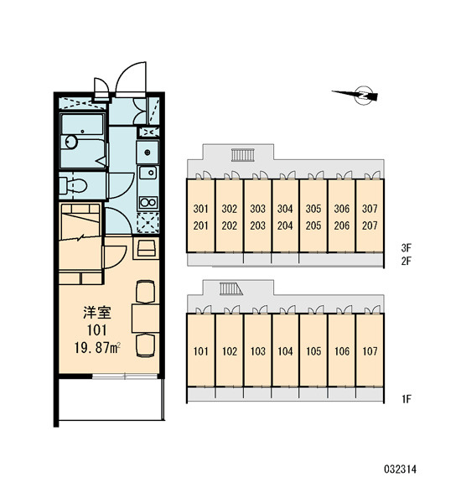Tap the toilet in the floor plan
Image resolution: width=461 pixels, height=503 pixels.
pos(74,186)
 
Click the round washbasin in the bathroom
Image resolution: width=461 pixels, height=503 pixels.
pos(71,142)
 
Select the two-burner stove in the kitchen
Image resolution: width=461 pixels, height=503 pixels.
pos(148,202)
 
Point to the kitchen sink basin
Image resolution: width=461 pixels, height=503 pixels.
pos(148,174)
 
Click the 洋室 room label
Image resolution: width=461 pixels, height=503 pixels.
pos(97,313)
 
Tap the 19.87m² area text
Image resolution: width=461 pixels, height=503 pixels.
pos(97,348)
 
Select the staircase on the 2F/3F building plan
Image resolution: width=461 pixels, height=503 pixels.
pos(243,154)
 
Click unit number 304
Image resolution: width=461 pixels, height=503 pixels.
pos(285,209)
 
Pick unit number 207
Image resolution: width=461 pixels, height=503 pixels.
pos(370,226)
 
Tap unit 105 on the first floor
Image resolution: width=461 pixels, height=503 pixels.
pos(313,351)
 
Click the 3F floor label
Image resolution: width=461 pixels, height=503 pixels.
pos(406,247)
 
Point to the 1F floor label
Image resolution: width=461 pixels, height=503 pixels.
pos(407,399)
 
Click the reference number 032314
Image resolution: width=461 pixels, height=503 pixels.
pos(400,469)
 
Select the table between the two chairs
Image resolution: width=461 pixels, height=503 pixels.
pos(145,319)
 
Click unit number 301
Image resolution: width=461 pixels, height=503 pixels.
pos(200,209)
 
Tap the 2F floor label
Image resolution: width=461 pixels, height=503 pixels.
pos(406,261)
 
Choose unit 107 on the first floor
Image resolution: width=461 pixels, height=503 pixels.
pos(370,351)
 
